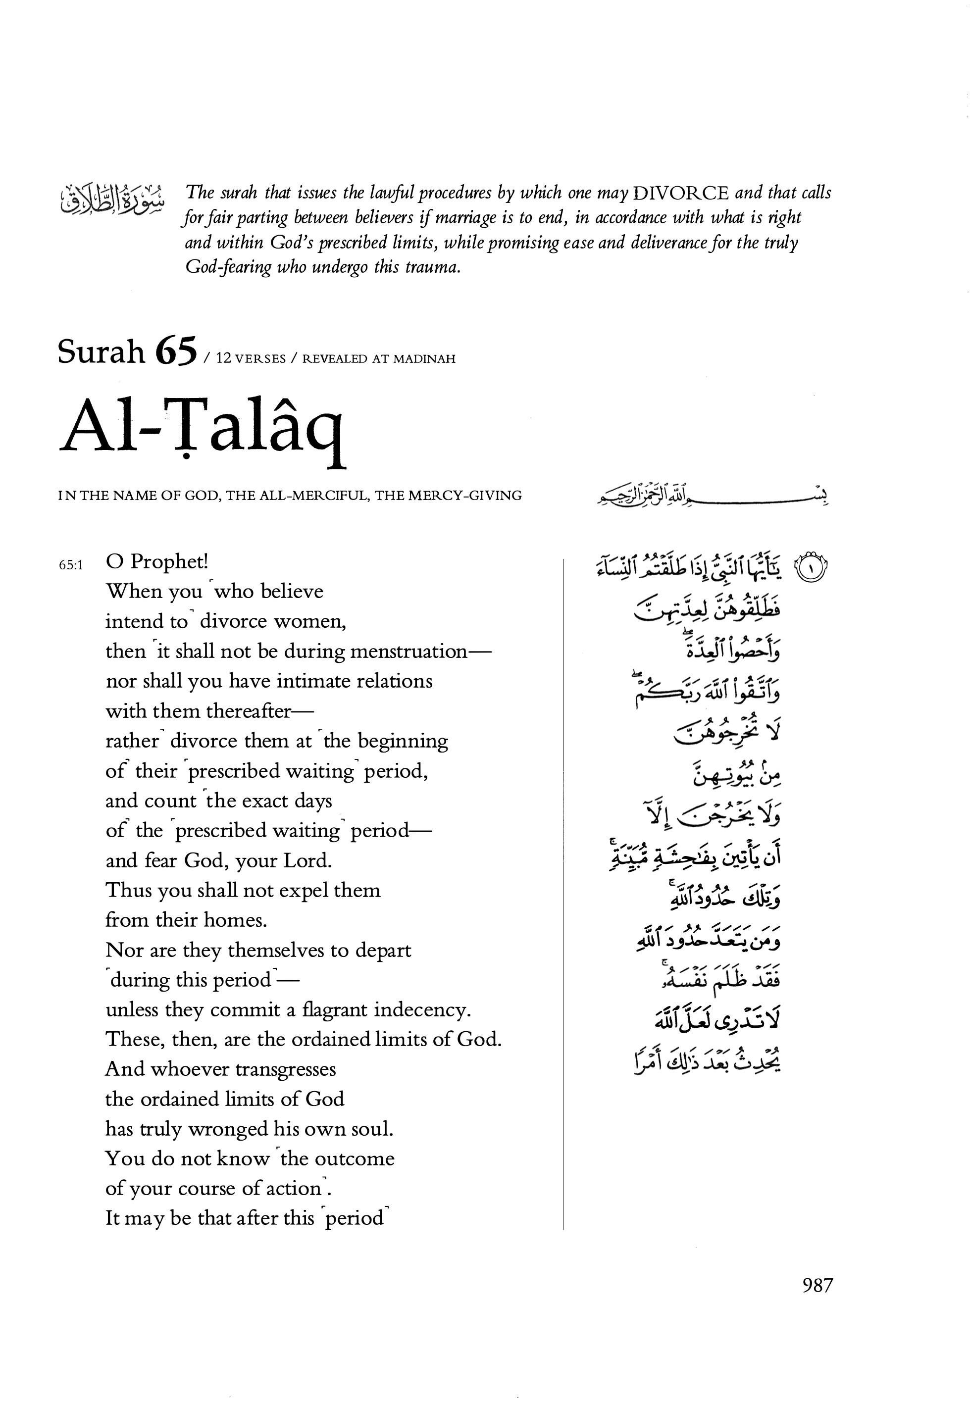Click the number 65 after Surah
[x=176, y=352]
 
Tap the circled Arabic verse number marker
[x=812, y=568]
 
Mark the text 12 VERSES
[x=251, y=359]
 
